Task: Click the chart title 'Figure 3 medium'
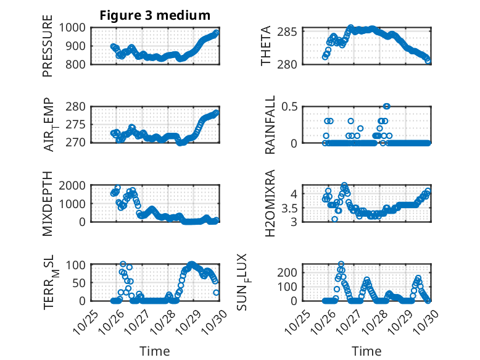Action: (155, 15)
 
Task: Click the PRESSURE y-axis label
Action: (48, 51)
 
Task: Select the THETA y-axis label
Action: (266, 46)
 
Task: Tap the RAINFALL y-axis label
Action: (270, 125)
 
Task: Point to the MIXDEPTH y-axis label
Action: (48, 204)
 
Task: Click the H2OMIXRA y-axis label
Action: (270, 204)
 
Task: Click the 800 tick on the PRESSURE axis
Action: (79, 64)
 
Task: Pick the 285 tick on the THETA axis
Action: (292, 31)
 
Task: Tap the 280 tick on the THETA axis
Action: (292, 64)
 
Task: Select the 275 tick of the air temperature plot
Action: (79, 125)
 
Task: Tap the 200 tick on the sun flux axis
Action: (292, 272)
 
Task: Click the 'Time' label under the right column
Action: (366, 351)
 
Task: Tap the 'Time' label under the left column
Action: (154, 351)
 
